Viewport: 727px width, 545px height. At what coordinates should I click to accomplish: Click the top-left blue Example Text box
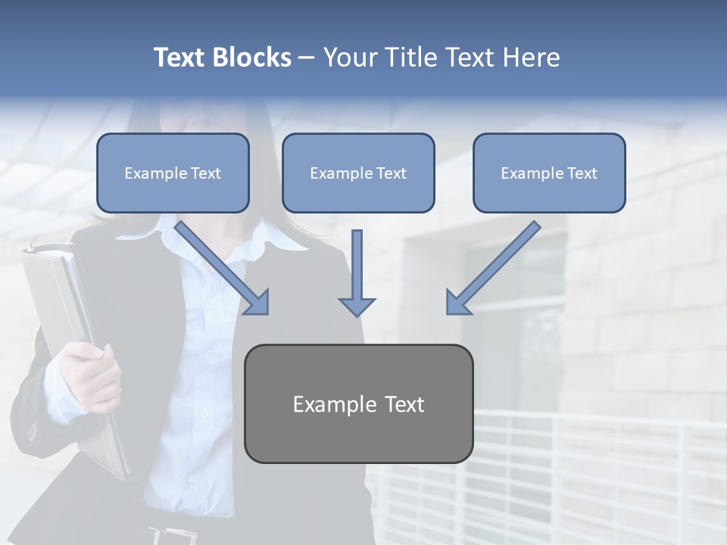173,173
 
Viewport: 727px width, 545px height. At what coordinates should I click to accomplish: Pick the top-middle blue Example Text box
358,173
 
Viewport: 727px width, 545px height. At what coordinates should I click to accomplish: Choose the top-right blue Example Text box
549,173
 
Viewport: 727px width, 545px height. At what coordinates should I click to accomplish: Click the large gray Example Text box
358,403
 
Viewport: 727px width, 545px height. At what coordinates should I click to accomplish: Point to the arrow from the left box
223,269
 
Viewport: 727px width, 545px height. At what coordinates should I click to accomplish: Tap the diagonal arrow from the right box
492,269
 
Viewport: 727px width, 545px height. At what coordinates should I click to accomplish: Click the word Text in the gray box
404,404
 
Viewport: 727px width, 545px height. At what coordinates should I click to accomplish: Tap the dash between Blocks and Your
307,58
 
